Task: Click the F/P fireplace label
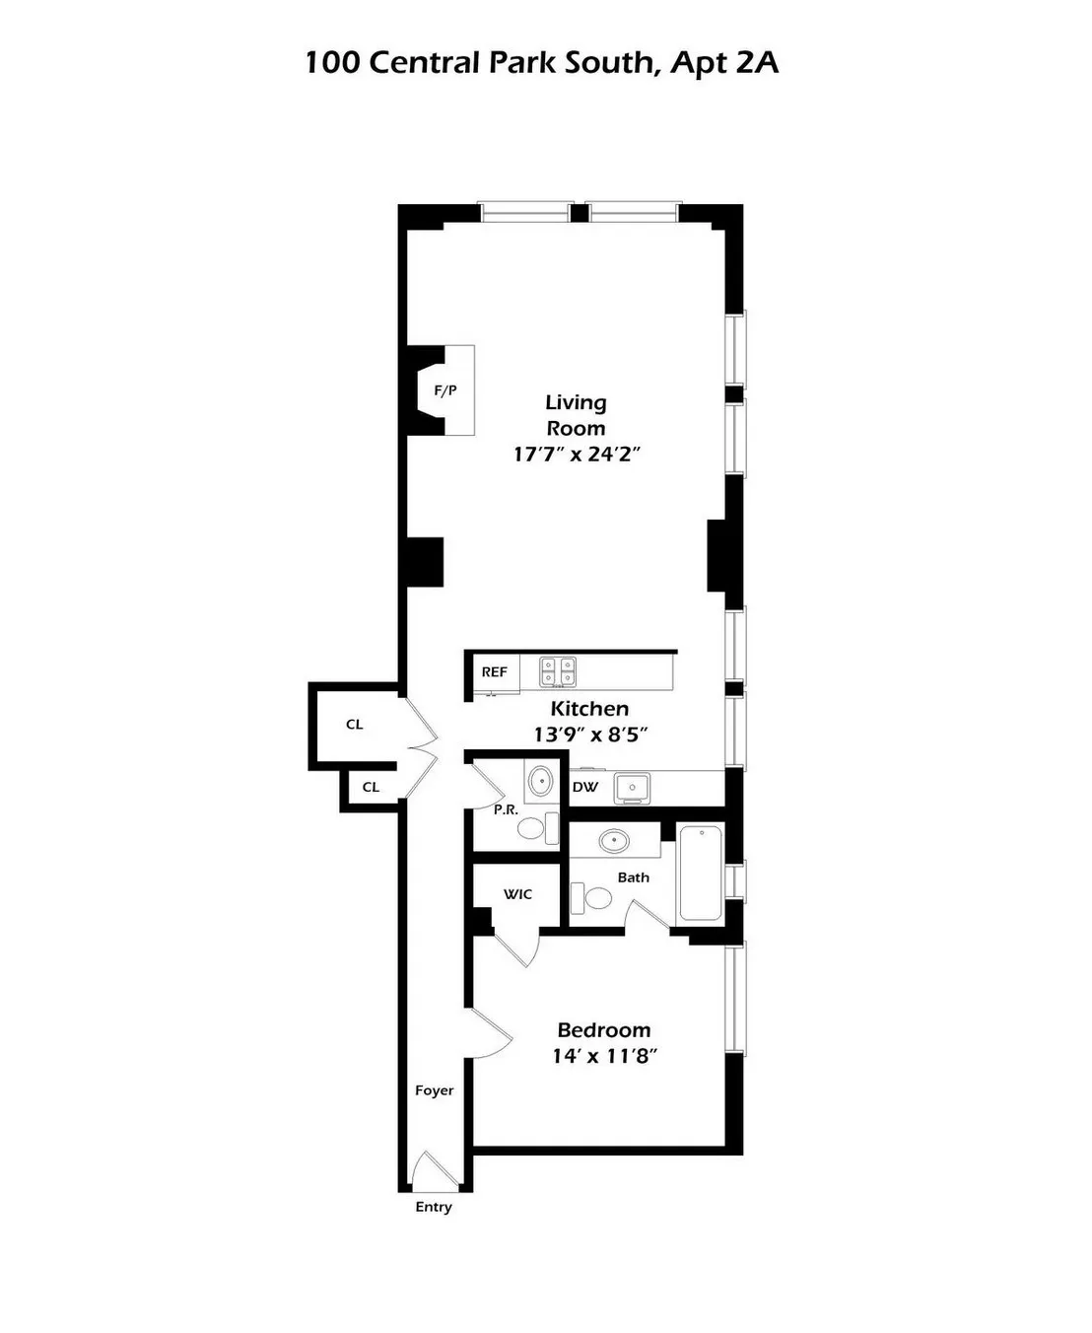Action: coord(445,390)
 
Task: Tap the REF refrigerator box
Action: coord(494,672)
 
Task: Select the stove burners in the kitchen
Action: coord(557,671)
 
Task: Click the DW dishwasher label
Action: coord(585,787)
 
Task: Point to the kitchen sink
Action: coord(632,788)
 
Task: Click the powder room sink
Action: coord(541,782)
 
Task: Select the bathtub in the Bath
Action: coord(701,874)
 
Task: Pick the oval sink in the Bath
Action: coord(615,841)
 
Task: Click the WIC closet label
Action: coord(517,894)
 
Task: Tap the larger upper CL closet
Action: coord(355,725)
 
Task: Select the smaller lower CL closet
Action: coord(371,787)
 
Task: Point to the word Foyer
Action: coord(435,1090)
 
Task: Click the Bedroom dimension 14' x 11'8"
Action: coord(604,1056)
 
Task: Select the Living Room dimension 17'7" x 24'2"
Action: coord(577,455)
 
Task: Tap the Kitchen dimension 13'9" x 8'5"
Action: coord(589,735)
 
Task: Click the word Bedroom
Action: coord(604,1030)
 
